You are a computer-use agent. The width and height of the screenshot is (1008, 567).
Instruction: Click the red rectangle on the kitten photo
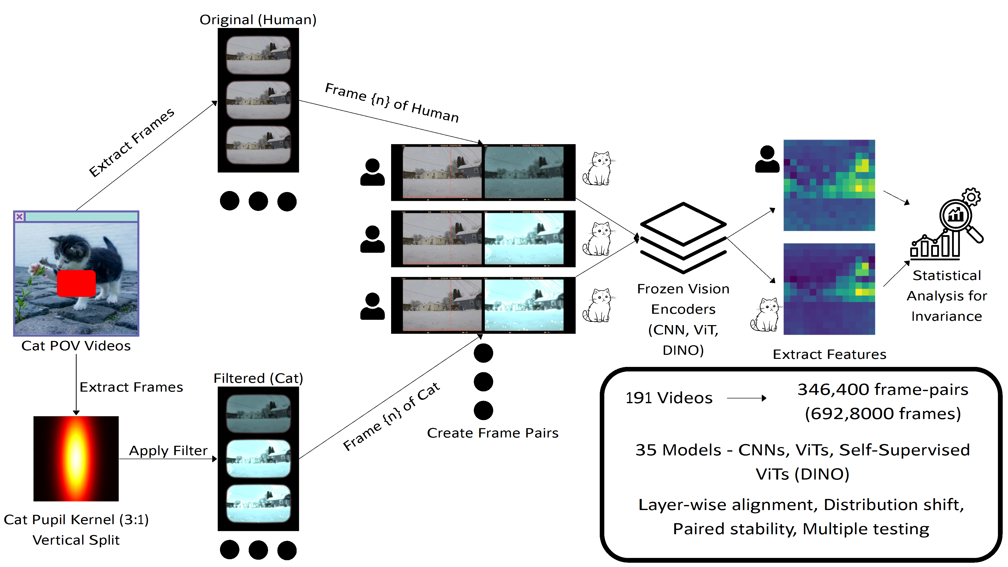tap(76, 283)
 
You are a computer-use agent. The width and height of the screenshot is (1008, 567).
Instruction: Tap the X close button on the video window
tap(19, 216)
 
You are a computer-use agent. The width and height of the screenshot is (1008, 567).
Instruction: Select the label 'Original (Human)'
tap(258, 20)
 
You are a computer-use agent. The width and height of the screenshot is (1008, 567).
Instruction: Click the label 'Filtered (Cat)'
tap(258, 378)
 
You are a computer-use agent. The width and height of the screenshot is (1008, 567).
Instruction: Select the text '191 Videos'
tap(669, 398)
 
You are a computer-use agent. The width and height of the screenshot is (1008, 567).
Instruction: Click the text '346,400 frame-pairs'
tap(883, 389)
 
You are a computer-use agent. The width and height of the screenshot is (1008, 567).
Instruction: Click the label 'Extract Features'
tap(829, 354)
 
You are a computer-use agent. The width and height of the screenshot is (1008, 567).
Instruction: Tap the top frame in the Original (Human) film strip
tap(258, 55)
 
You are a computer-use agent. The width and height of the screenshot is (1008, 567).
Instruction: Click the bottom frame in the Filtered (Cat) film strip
tap(258, 503)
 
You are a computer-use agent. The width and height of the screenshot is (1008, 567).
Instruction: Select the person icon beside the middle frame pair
tap(372, 239)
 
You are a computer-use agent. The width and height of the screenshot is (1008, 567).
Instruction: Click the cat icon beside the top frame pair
tap(597, 169)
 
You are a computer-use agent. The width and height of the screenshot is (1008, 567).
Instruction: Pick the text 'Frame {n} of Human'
tap(392, 103)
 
